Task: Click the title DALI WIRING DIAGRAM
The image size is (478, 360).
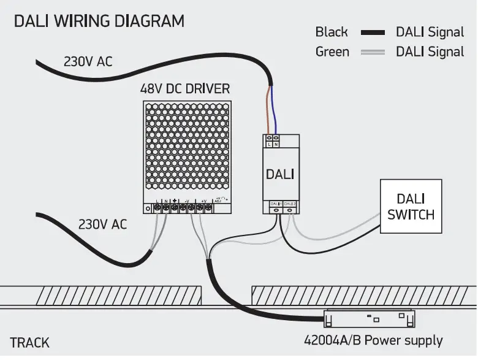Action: (x=99, y=21)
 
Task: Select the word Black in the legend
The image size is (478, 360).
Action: (x=331, y=32)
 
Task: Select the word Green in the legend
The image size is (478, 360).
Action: (x=332, y=52)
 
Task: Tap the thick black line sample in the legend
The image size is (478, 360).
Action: (x=373, y=33)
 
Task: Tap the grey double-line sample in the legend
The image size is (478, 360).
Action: (x=373, y=52)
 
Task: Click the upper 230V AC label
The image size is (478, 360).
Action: (x=88, y=61)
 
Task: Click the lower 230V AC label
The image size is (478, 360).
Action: (x=102, y=224)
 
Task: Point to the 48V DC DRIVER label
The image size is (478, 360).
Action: (x=185, y=89)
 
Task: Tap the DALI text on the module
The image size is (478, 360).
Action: (x=280, y=174)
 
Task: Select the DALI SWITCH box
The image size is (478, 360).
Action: (x=411, y=206)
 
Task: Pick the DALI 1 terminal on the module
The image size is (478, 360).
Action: (x=275, y=207)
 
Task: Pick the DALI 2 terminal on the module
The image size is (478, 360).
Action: (x=290, y=207)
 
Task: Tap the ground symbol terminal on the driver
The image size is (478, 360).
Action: (x=175, y=208)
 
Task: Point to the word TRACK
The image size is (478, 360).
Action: (x=29, y=343)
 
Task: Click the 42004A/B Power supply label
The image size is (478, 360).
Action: (x=373, y=340)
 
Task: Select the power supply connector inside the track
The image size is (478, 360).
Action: (x=370, y=318)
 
